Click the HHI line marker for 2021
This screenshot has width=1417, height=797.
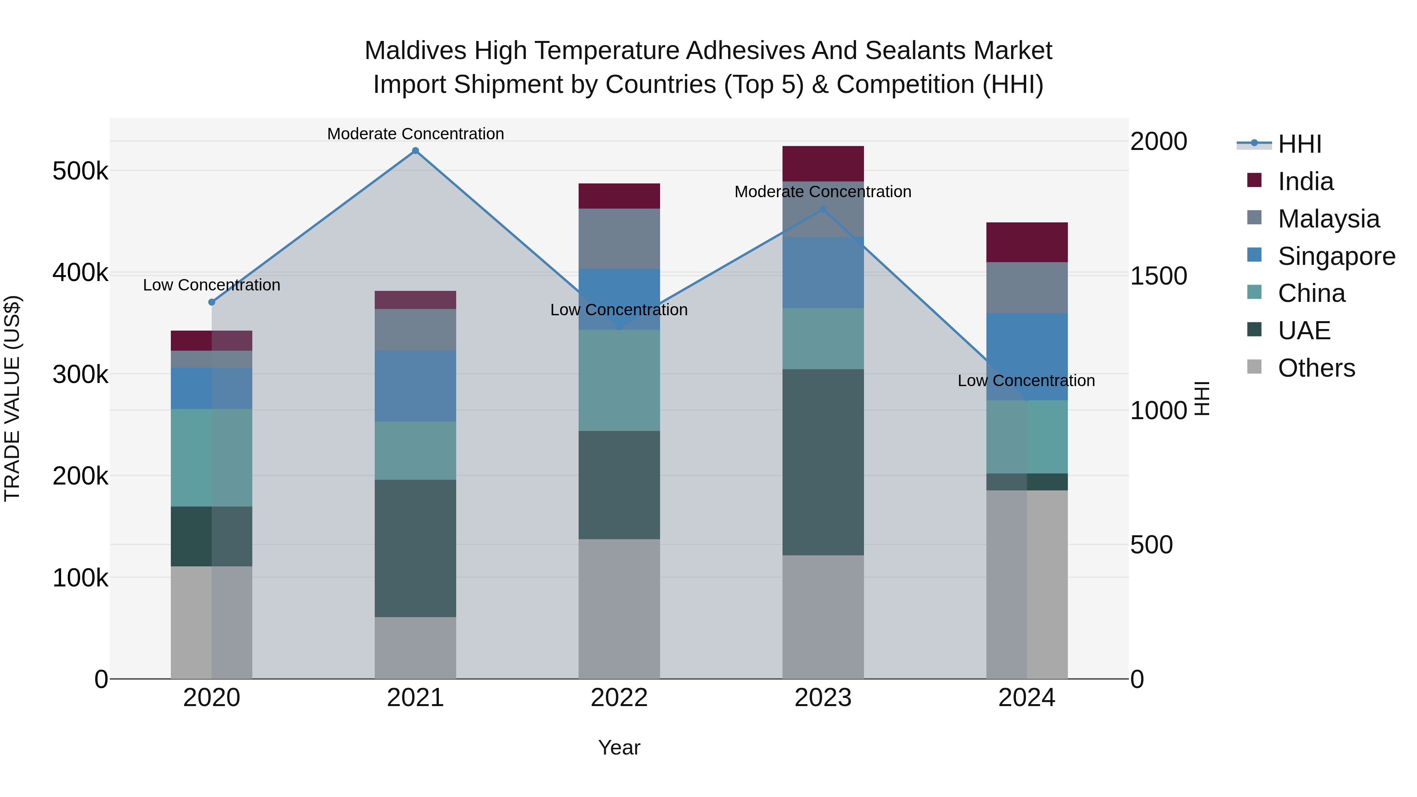pos(415,151)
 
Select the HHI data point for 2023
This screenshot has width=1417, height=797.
pos(823,209)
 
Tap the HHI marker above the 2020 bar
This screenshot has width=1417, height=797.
pos(212,302)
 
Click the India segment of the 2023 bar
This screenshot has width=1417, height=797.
pos(823,163)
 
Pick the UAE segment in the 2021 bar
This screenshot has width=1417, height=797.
pos(415,548)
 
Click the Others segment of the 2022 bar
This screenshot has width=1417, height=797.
pos(619,608)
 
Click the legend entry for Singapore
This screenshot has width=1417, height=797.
pos(1336,256)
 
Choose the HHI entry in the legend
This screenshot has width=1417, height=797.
pos(1299,144)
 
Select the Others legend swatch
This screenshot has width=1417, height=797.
pos(1254,367)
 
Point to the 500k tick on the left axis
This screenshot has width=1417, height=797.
pos(80,171)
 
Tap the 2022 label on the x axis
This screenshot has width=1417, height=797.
pos(619,698)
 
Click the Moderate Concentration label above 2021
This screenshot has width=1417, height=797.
pos(415,134)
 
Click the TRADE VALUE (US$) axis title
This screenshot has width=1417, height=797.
pos(12,398)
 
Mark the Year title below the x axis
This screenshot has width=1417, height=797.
pos(619,747)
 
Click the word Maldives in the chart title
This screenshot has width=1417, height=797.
pos(415,51)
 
